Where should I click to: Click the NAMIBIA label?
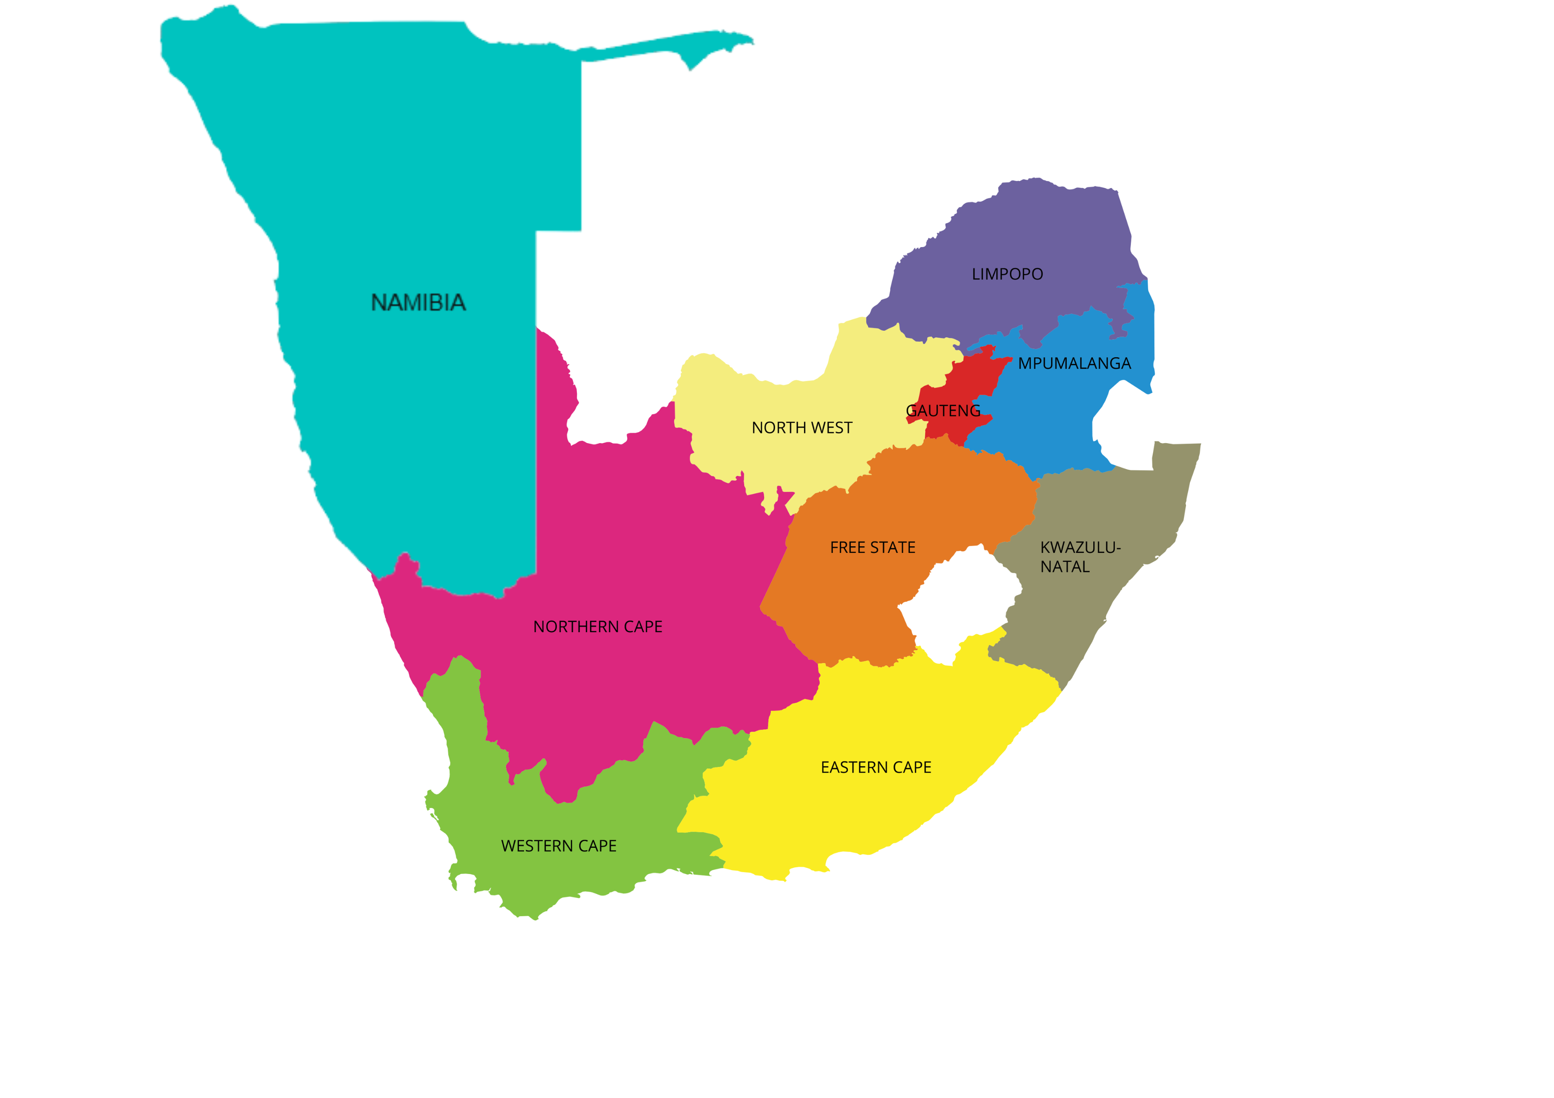[418, 302]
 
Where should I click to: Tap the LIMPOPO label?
[1007, 274]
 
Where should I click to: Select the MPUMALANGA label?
[1074, 363]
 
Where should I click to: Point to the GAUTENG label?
[943, 411]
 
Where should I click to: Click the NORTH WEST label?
[802, 428]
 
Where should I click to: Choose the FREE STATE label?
[872, 547]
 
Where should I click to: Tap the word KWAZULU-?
[1080, 547]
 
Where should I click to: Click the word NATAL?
[1064, 567]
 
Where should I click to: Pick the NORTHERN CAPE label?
[598, 626]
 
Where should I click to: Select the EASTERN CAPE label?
[876, 767]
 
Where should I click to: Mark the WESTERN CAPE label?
[558, 846]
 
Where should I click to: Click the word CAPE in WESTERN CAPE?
[597, 846]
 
